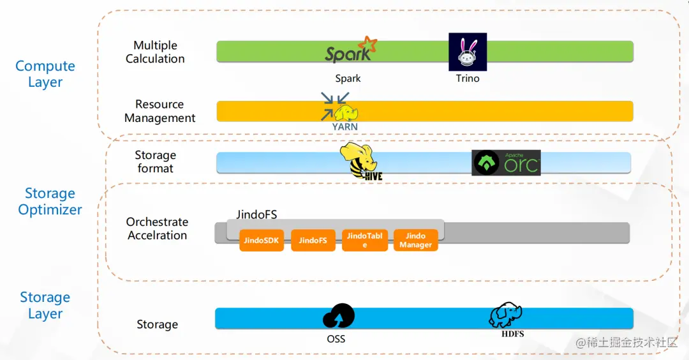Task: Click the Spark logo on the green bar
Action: pyautogui.click(x=351, y=50)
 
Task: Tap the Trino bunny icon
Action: pyautogui.click(x=468, y=52)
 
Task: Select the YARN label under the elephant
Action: pyautogui.click(x=344, y=126)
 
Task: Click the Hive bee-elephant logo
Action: pyautogui.click(x=360, y=161)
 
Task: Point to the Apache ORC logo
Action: pyautogui.click(x=506, y=163)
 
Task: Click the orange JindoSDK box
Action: pyautogui.click(x=262, y=241)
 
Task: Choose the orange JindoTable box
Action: pyautogui.click(x=365, y=241)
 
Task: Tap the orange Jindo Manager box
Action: pyautogui.click(x=416, y=241)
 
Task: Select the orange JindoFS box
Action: pyautogui.click(x=313, y=241)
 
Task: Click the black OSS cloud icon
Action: pyautogui.click(x=338, y=316)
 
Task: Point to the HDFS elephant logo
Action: pyautogui.click(x=506, y=315)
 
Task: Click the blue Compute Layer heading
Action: pyautogui.click(x=45, y=74)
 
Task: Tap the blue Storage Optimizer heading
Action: pyautogui.click(x=50, y=201)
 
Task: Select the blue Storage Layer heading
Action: pyautogui.click(x=45, y=306)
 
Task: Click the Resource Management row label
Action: pyautogui.click(x=160, y=111)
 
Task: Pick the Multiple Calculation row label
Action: pyautogui.click(x=155, y=52)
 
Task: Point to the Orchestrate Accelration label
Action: pyautogui.click(x=158, y=229)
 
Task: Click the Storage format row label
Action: pyautogui.click(x=155, y=161)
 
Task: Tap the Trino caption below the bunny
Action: pyautogui.click(x=468, y=79)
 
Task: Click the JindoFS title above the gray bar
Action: pyautogui.click(x=256, y=214)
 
